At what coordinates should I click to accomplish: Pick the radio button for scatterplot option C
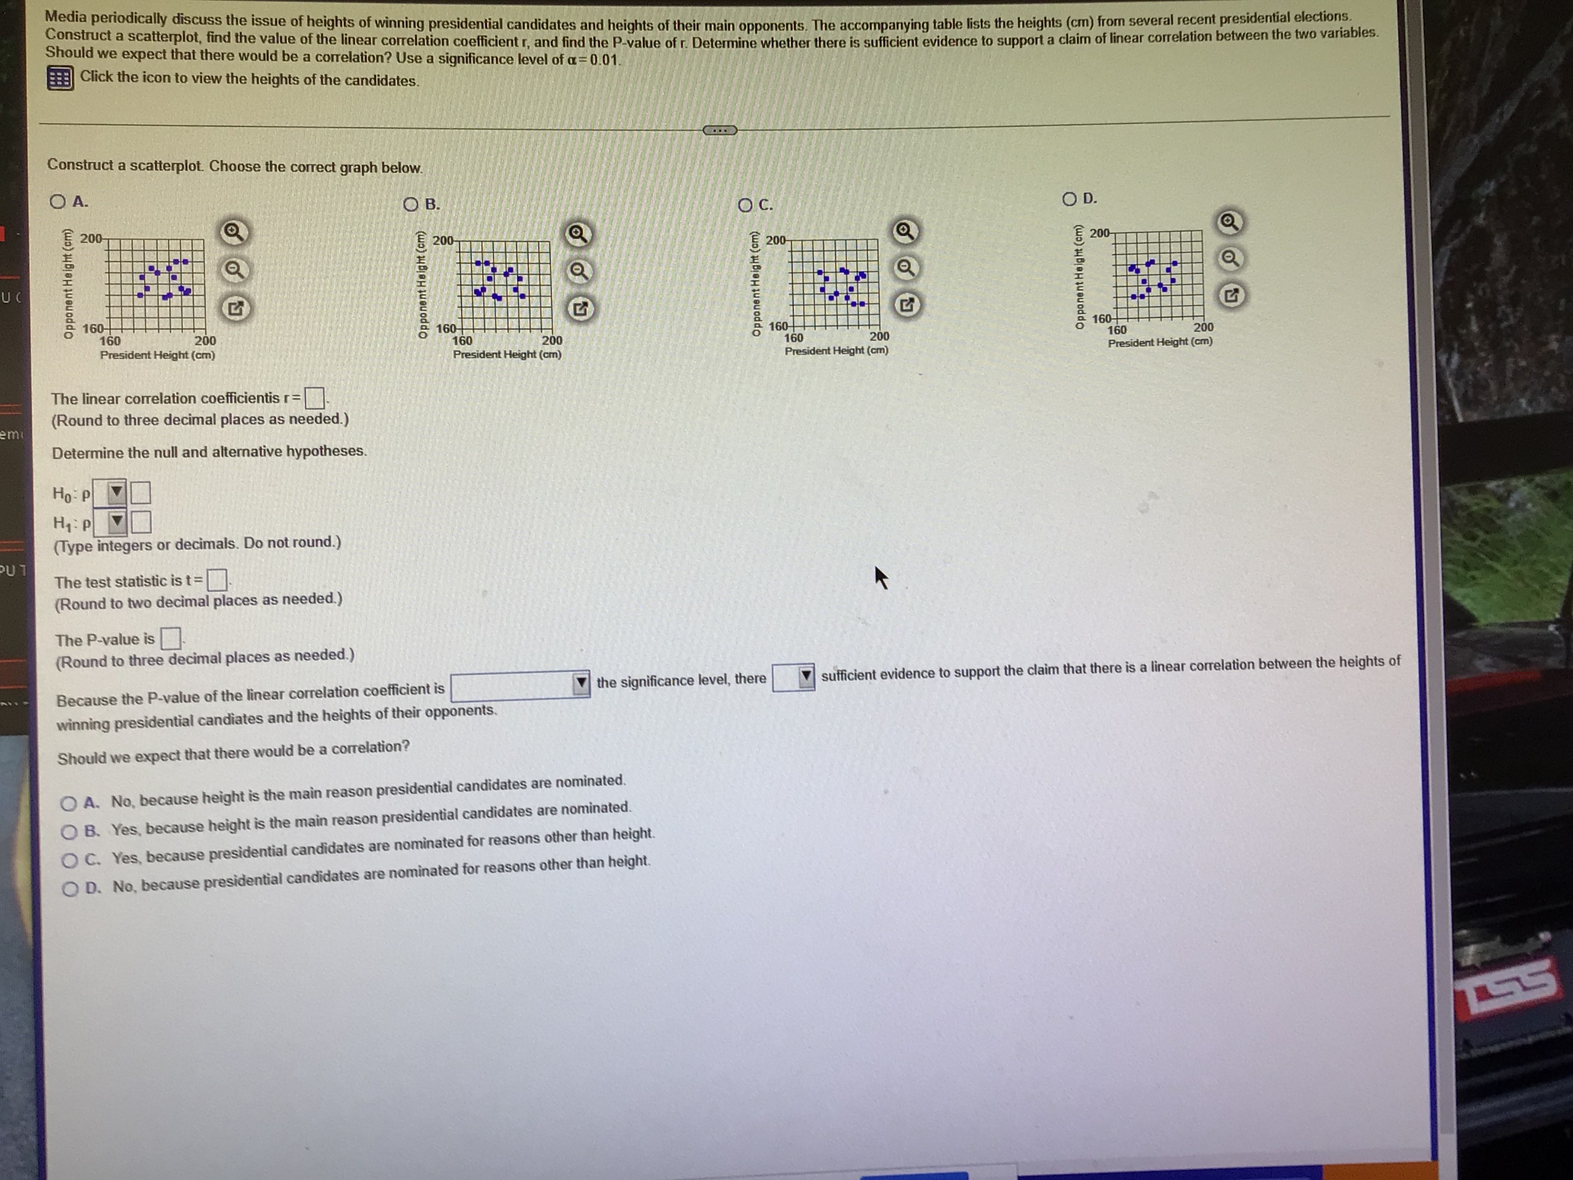coord(745,205)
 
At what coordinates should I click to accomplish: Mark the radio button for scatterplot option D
coord(1069,199)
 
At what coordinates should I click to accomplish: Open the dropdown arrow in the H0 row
coord(116,492)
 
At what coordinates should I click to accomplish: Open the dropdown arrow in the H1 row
coord(117,523)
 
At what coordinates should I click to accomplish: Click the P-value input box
coord(170,638)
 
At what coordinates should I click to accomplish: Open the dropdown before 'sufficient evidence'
coord(805,676)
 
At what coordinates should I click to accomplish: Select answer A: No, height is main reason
coord(68,804)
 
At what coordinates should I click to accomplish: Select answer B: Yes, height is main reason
coord(69,831)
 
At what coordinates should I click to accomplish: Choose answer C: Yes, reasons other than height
coord(69,860)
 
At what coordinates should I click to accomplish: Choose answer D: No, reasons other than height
coord(70,889)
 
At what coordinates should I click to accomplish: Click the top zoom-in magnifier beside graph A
coord(235,232)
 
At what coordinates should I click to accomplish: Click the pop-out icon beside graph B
coord(580,308)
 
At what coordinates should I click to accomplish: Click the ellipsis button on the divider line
coord(720,130)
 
